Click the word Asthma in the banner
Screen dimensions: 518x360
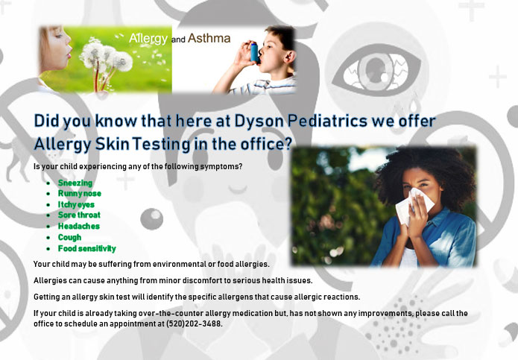pos(209,38)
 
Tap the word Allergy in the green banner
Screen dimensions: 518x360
pos(148,39)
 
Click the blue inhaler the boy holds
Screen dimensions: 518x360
pos(254,52)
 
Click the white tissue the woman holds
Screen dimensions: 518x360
pos(414,206)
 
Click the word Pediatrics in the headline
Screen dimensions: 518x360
pos(327,121)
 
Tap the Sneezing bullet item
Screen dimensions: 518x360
pos(75,183)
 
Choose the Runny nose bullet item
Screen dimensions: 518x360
pos(80,194)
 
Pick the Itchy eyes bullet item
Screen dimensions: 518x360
pos(76,205)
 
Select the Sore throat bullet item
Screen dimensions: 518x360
pos(79,215)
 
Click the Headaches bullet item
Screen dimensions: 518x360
pos(78,227)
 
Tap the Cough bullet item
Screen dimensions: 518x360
pos(69,238)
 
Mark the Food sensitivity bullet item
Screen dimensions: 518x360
pos(87,248)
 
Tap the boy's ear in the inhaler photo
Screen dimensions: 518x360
pos(290,56)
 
